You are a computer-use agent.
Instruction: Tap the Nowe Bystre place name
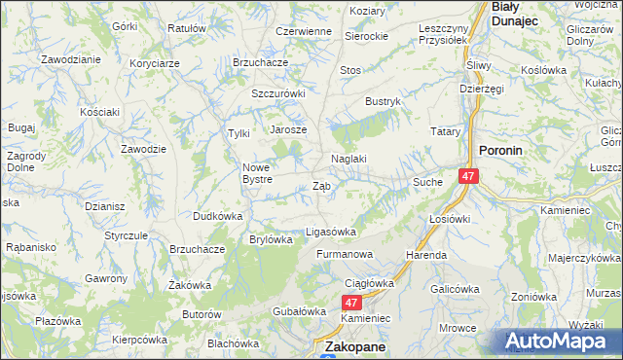(263, 172)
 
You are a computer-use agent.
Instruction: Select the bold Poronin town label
(501, 151)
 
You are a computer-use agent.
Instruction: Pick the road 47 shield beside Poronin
(469, 176)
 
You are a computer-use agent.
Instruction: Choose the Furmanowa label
(345, 254)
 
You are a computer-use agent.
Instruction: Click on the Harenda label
(427, 255)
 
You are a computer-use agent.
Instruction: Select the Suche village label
(427, 182)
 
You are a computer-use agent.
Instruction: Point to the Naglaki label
(348, 159)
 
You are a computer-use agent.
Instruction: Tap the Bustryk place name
(383, 100)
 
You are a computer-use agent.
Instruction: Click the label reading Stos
(349, 70)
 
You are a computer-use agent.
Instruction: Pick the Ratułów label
(187, 28)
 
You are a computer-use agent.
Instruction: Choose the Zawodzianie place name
(71, 59)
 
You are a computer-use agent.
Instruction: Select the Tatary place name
(445, 130)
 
